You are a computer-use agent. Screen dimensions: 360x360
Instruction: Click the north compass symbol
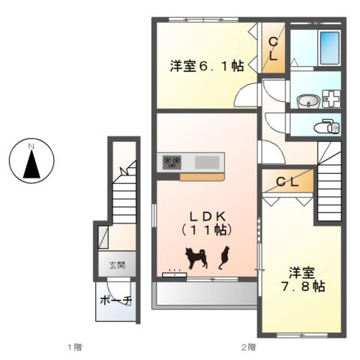point(31,160)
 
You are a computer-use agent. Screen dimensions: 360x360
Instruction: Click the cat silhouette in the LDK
point(223,259)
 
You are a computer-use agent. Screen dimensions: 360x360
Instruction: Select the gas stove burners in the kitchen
point(170,161)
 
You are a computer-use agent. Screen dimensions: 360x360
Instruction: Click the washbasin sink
point(307,100)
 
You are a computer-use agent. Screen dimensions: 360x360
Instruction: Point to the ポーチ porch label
point(116,300)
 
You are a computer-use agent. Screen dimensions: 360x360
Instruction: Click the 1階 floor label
point(73,347)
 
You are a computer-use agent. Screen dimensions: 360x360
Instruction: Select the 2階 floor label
point(247,347)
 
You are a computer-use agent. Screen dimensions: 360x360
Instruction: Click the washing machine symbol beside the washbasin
point(331,100)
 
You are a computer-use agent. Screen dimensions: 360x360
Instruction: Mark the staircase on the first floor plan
point(124,195)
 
